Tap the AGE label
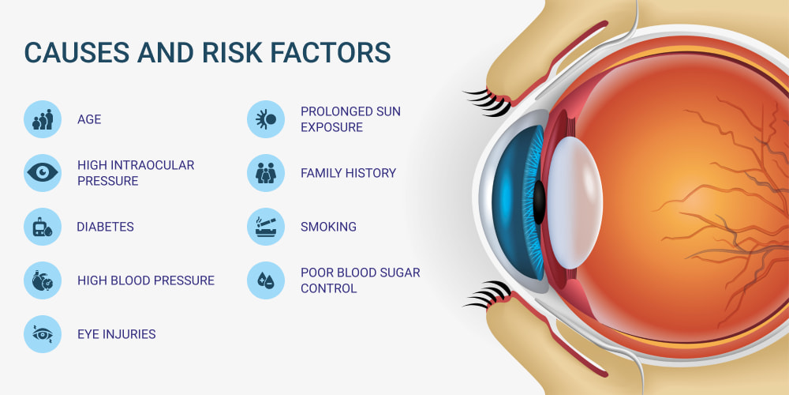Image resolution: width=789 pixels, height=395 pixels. point(89,119)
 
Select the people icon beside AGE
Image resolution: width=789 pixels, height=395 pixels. point(43,119)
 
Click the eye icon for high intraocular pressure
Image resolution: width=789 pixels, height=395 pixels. point(43,173)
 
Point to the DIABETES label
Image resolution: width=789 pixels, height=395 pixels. point(105,227)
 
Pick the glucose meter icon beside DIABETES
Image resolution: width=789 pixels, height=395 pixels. point(43,227)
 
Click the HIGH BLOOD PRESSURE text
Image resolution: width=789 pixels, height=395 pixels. point(146,280)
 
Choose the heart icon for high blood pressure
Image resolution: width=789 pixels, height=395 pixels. point(43,280)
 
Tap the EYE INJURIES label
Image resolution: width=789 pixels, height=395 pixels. point(116,334)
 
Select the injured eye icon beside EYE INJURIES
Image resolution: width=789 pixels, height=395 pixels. point(43,334)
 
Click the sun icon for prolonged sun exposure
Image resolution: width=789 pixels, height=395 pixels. point(266,119)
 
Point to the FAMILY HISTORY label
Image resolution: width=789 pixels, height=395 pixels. point(348,173)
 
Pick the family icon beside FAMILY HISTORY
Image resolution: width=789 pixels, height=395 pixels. point(266,173)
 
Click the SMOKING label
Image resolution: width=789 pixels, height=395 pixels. point(328,227)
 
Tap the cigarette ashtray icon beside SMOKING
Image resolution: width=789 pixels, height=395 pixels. point(266,227)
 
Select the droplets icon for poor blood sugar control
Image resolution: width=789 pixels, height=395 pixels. point(266,280)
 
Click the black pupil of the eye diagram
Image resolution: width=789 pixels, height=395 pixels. point(539,202)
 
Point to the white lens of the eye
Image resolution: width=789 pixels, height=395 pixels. point(574,202)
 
